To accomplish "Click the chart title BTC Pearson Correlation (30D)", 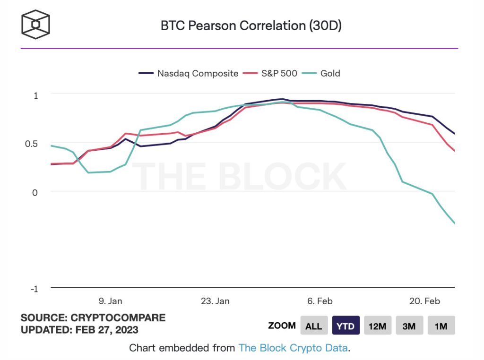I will pyautogui.click(x=251, y=26).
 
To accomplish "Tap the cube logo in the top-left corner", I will pyautogui.click(x=35, y=24).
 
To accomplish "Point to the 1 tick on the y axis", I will pyautogui.click(x=35, y=95).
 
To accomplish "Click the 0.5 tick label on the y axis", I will pyautogui.click(x=31, y=144).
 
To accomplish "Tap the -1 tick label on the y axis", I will pyautogui.click(x=34, y=289).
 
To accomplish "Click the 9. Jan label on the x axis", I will pyautogui.click(x=110, y=301).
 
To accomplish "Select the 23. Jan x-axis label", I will pyautogui.click(x=216, y=301).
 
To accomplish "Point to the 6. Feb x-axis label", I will pyautogui.click(x=320, y=301).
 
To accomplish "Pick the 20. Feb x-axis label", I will pyautogui.click(x=424, y=301).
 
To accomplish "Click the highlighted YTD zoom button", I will pyautogui.click(x=346, y=326).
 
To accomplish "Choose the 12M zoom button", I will pyautogui.click(x=377, y=326).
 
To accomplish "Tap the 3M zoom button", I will pyautogui.click(x=409, y=326).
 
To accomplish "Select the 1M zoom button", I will pyautogui.click(x=441, y=326).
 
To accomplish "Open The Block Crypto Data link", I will pyautogui.click(x=293, y=348).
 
